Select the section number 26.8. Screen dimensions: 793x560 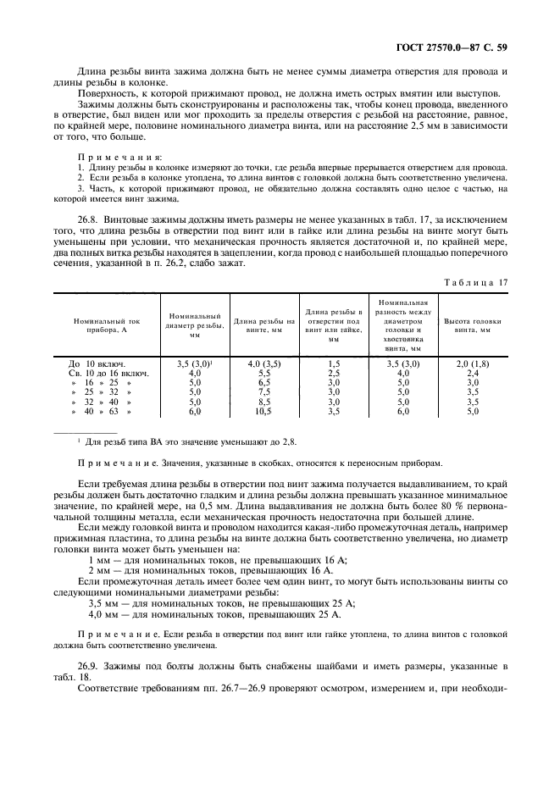89,217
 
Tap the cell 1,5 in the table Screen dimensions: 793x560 334,363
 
